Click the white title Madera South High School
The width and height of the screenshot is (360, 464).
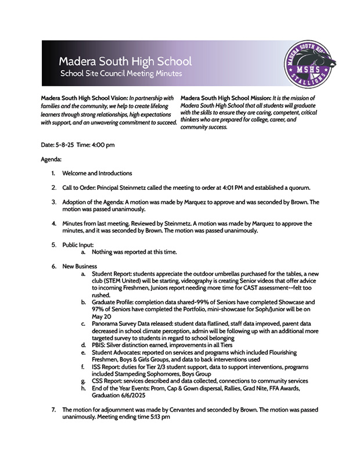pos(125,62)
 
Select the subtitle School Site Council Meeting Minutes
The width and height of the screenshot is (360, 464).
pos(121,74)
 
